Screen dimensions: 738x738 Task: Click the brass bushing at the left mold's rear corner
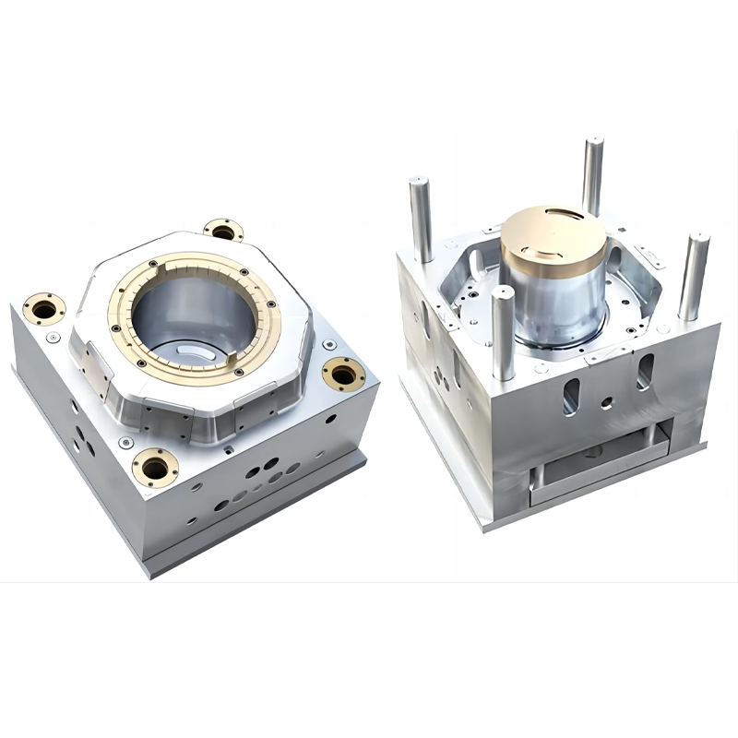pyautogui.click(x=223, y=231)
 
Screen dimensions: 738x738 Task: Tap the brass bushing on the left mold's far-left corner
pyautogui.click(x=44, y=307)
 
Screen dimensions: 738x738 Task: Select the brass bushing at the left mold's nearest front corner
pyautogui.click(x=155, y=467)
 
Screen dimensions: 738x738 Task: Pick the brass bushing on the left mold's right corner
pyautogui.click(x=343, y=374)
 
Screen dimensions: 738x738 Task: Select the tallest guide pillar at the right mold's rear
pyautogui.click(x=592, y=175)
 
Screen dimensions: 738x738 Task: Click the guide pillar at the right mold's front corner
pyautogui.click(x=503, y=332)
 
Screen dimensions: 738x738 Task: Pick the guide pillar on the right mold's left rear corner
pyautogui.click(x=422, y=218)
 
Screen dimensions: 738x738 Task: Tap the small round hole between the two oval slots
pyautogui.click(x=606, y=403)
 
